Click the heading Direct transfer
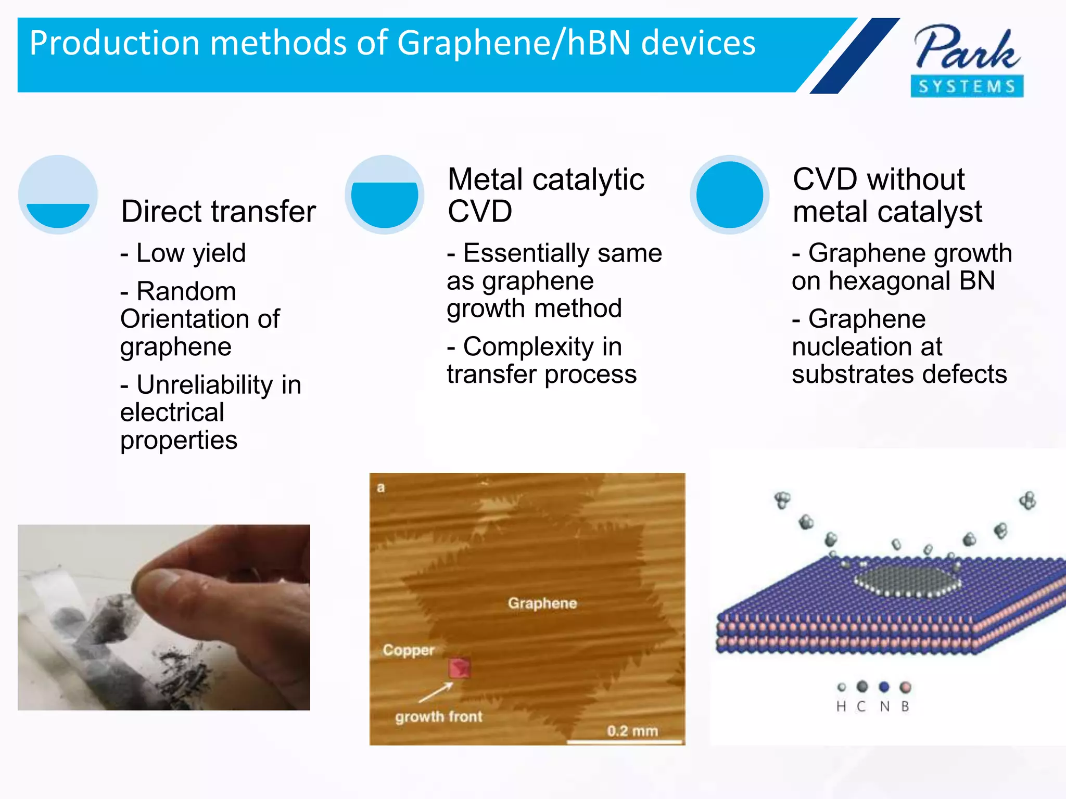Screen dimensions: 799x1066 pyautogui.click(x=218, y=211)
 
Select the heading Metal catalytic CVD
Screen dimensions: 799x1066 pyautogui.click(x=545, y=195)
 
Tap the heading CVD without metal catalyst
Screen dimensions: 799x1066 pyautogui.click(x=887, y=195)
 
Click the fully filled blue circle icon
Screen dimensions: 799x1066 pyautogui.click(x=729, y=195)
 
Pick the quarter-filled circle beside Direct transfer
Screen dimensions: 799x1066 pyautogui.click(x=58, y=195)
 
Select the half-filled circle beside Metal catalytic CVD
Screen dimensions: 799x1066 pyautogui.click(x=384, y=195)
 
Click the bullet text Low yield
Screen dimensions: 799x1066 pyautogui.click(x=191, y=253)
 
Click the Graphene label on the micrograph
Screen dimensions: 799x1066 pyautogui.click(x=542, y=603)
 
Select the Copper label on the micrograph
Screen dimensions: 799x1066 pyautogui.click(x=409, y=650)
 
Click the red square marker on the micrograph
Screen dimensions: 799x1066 pyautogui.click(x=460, y=668)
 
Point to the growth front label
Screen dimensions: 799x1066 pyautogui.click(x=438, y=717)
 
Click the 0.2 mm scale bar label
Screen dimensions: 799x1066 pyautogui.click(x=632, y=731)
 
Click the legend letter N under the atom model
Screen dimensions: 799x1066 pyautogui.click(x=884, y=706)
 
